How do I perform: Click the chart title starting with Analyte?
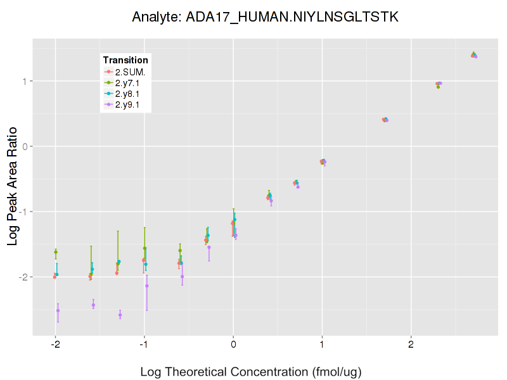coord(265,17)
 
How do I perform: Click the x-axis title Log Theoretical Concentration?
coord(250,372)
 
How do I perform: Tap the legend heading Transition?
coord(125,60)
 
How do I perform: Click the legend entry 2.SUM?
coord(130,72)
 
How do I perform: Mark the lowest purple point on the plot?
coord(120,315)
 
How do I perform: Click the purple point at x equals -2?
coord(58,310)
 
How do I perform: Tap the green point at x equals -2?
coord(56,252)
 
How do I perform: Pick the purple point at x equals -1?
coord(147,286)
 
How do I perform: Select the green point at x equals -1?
coord(144,248)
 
